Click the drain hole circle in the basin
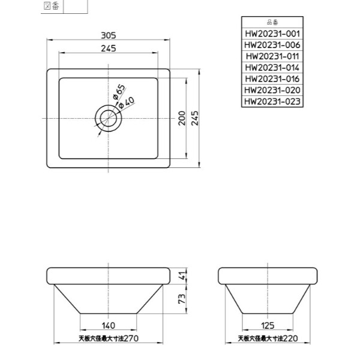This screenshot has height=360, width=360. [x=109, y=118]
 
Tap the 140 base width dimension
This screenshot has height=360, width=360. [x=108, y=325]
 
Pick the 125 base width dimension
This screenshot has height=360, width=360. [x=268, y=325]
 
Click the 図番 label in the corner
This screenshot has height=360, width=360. [x=52, y=7]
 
